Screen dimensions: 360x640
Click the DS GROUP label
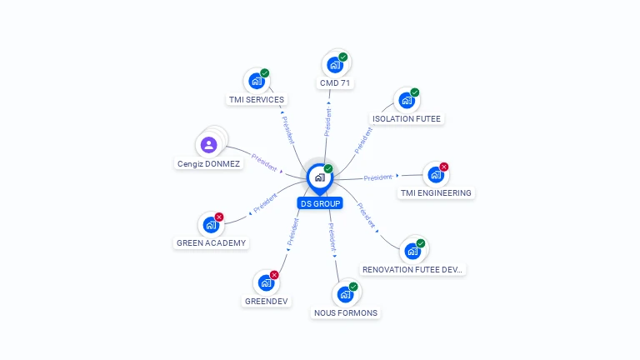(x=320, y=203)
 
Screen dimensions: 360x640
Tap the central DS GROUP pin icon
(x=319, y=177)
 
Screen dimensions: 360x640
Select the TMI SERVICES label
(x=257, y=100)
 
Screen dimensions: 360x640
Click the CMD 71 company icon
(x=334, y=65)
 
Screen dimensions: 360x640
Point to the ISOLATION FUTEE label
(x=407, y=119)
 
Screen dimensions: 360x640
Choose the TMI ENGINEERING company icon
(x=434, y=175)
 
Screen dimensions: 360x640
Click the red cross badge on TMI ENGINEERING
(x=443, y=167)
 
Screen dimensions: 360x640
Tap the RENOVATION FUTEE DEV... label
(x=412, y=270)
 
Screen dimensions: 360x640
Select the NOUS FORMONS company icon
(x=344, y=294)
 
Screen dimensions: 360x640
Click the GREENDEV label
(x=267, y=301)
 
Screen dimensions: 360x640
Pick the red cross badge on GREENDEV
(x=274, y=275)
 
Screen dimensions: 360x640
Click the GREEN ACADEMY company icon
(x=210, y=225)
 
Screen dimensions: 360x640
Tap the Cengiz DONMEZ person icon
(x=209, y=145)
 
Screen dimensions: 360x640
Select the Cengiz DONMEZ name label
(x=209, y=164)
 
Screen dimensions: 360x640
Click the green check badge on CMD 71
(x=343, y=57)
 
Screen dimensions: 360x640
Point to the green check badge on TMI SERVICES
(x=265, y=73)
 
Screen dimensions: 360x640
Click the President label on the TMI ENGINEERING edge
(x=378, y=177)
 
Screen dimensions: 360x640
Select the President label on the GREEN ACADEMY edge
(x=265, y=202)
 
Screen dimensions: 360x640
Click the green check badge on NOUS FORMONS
(x=353, y=287)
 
